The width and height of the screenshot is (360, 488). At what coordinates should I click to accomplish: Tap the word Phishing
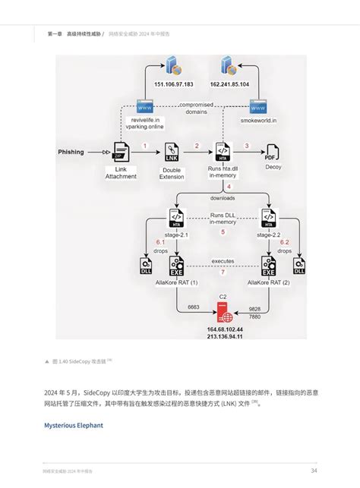point(71,152)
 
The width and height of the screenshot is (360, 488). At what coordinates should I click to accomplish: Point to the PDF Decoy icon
point(269,152)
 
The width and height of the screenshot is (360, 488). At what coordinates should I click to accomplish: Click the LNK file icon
point(172,152)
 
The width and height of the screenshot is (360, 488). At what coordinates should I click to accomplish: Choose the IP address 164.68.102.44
point(225,329)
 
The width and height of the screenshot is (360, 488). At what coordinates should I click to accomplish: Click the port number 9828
point(254,310)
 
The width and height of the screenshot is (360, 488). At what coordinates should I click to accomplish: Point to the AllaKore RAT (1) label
point(176,282)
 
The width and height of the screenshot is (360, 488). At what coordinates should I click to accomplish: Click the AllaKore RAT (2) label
point(268,282)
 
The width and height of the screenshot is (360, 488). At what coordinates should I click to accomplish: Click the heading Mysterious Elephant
point(74,425)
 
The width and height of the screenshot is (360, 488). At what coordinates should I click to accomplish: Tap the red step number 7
point(223,272)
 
